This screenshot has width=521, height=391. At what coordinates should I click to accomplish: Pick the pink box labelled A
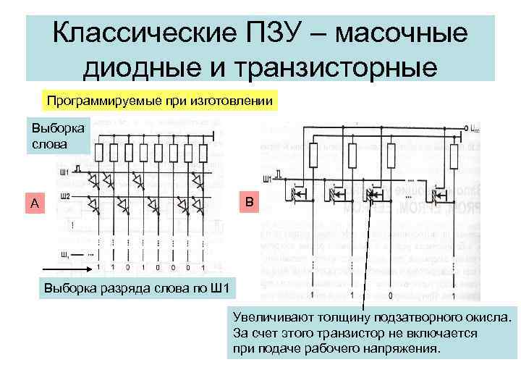point(35,203)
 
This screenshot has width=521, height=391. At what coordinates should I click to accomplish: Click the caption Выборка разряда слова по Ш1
point(136,290)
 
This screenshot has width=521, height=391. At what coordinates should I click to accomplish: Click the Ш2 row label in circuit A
point(65,196)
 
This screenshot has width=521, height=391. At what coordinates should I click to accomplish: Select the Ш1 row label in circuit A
point(64,172)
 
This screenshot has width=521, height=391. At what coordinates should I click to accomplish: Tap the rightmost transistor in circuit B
point(437,193)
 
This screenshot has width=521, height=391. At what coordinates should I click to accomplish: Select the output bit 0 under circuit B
point(390,295)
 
